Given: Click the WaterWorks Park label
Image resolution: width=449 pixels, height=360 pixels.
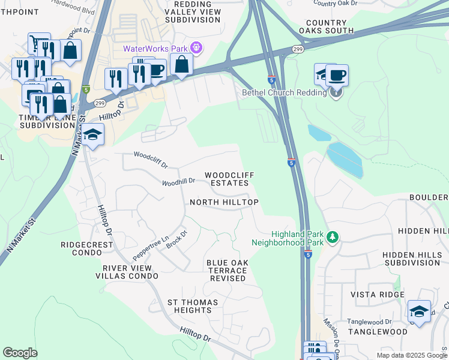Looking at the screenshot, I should click(155, 49).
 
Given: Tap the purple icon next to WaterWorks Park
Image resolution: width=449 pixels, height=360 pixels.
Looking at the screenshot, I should click(195, 47).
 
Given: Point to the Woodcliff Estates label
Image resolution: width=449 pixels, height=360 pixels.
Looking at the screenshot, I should click(229, 179).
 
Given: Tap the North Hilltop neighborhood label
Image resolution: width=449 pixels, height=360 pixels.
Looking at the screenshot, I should click(224, 203).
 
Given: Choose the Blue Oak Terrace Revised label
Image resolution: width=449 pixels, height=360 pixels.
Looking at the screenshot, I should click(227, 271).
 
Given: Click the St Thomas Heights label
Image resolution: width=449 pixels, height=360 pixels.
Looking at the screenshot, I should click(189, 306).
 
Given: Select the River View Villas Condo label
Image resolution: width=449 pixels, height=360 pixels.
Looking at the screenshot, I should click(127, 272).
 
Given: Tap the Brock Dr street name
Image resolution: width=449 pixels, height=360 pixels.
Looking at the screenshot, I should click(177, 239).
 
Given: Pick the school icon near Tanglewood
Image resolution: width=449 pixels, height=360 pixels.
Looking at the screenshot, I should click(419, 311).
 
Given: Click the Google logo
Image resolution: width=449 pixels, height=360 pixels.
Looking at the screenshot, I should click(20, 353).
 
